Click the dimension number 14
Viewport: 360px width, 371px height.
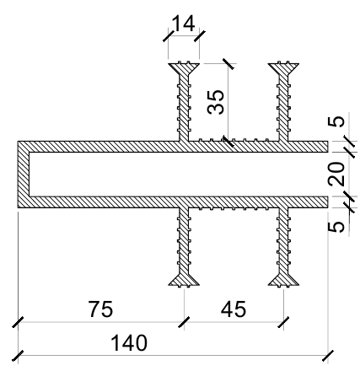[183, 24]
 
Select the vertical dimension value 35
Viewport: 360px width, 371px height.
[216, 102]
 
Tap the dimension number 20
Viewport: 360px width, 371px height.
[336, 174]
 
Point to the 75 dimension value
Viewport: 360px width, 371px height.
[100, 309]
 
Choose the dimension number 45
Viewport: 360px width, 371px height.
[234, 309]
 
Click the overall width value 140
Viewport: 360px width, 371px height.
[129, 342]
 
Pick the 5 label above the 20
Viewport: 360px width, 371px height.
[336, 121]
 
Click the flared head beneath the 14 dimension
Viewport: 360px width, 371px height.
[184, 68]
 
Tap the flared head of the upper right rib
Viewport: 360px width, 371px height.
[283, 68]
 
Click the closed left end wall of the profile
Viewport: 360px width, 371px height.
[24, 175]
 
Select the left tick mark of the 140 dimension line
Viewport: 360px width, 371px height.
[18, 356]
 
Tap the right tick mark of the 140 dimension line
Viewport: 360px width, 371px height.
[328, 356]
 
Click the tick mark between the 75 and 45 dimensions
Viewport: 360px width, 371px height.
[184, 322]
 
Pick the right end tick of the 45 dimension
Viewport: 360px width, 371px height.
[283, 322]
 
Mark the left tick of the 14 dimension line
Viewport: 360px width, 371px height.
[169, 36]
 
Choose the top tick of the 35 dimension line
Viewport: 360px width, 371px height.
[228, 64]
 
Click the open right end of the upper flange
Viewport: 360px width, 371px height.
[327, 147]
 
